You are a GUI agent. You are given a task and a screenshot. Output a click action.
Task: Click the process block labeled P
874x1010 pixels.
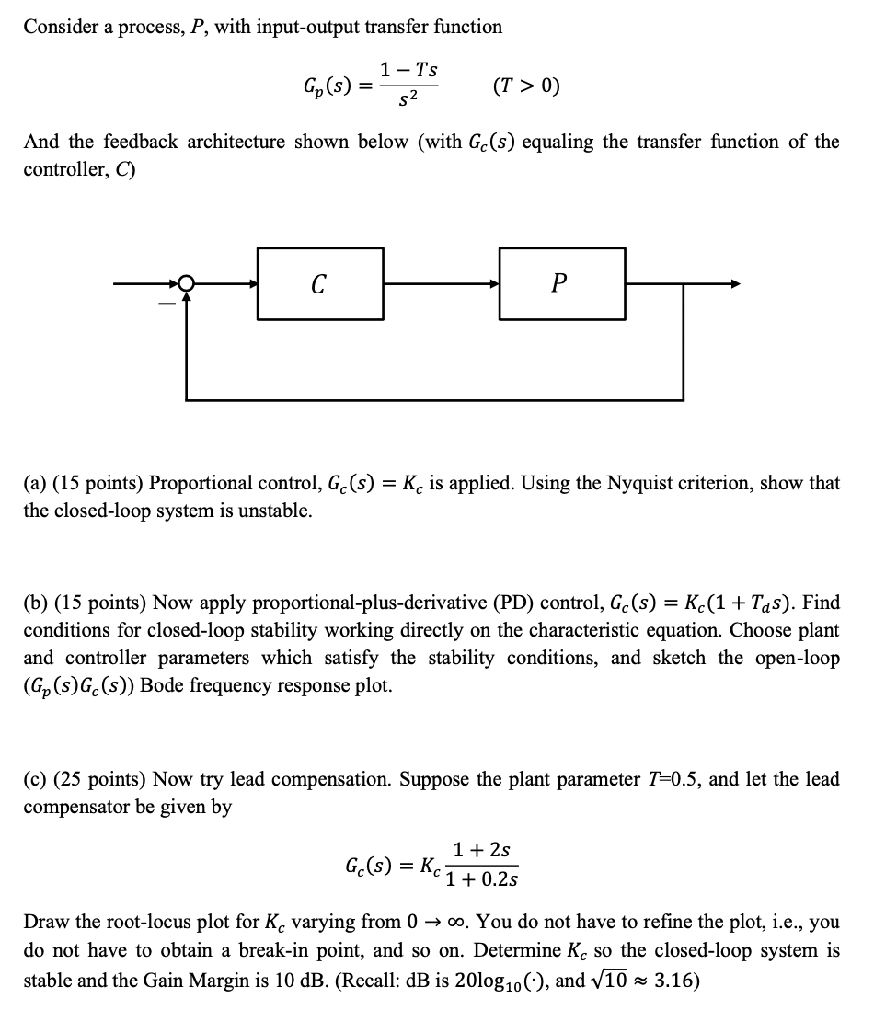(561, 284)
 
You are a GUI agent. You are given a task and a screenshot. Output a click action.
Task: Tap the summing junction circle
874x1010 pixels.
(187, 284)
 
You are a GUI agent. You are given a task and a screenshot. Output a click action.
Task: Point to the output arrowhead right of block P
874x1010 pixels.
(733, 284)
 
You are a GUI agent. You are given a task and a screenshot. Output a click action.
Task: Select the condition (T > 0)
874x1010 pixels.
(526, 86)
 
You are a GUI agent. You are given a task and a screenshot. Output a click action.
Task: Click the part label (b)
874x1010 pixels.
(37, 603)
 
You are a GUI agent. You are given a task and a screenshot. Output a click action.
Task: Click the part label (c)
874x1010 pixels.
(36, 779)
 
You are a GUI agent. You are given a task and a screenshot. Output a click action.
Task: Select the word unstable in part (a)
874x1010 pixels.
(276, 511)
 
